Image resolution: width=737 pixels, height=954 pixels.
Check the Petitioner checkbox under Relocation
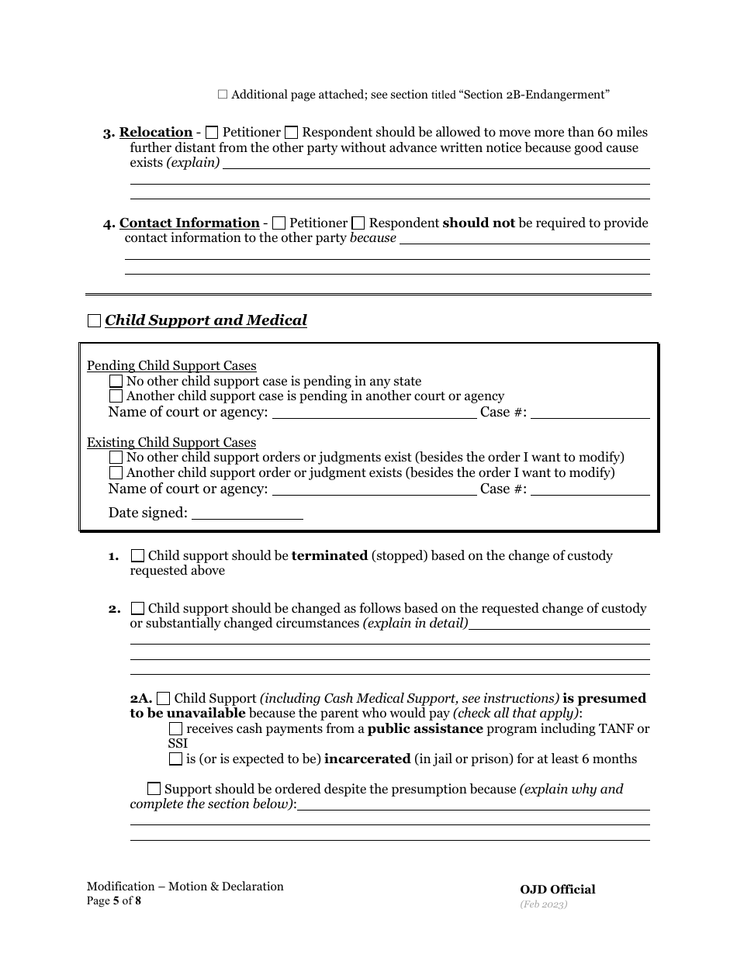click(x=212, y=133)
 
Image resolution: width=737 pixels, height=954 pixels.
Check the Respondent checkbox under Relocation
click(x=292, y=133)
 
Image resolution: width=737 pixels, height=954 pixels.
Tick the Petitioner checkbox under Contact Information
click(x=279, y=223)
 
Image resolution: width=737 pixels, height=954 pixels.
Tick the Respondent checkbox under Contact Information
click(x=358, y=223)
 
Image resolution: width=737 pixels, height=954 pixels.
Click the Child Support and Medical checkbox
click(x=94, y=320)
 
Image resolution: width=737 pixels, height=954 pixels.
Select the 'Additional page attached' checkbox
click(x=223, y=95)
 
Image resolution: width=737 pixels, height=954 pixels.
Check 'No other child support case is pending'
click(x=116, y=381)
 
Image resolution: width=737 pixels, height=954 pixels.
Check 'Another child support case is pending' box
click(x=116, y=396)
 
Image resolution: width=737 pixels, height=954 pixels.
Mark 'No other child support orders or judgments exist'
click(x=116, y=458)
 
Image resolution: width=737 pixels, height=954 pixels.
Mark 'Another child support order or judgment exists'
click(x=116, y=472)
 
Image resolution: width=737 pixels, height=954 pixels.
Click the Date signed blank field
click(x=247, y=513)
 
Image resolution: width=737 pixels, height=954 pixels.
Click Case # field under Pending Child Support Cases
click(x=590, y=413)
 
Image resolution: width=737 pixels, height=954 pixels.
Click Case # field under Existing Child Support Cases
click(x=590, y=489)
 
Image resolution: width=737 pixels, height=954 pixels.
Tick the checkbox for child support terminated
click(x=137, y=556)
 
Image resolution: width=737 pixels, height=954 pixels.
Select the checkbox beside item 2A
click(x=163, y=699)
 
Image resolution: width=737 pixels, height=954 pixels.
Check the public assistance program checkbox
click(x=176, y=729)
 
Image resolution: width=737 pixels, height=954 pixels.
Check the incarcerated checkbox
click(x=176, y=759)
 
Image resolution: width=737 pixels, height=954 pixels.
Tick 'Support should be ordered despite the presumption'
click(x=154, y=790)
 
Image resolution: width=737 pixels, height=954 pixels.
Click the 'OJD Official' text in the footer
click(x=558, y=890)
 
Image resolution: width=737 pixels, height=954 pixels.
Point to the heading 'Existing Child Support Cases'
click(x=171, y=443)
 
